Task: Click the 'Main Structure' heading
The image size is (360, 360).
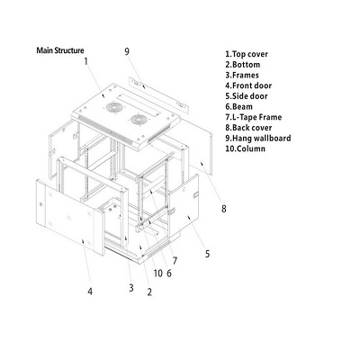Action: (x=60, y=50)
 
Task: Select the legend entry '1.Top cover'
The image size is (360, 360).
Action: (x=247, y=54)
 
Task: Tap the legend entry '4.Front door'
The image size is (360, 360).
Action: (x=248, y=85)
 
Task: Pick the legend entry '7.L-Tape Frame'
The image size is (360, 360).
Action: (x=254, y=117)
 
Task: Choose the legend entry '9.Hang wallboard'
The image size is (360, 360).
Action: (x=258, y=139)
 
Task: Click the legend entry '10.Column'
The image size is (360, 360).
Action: (x=246, y=148)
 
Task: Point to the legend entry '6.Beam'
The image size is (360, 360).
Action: (x=239, y=107)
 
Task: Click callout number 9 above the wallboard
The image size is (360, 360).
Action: (x=127, y=51)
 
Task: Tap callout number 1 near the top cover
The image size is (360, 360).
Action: (x=86, y=61)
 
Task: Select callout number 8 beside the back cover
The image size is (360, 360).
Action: (x=224, y=209)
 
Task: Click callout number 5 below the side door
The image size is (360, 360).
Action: (x=208, y=254)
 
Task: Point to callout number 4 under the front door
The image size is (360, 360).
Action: (x=90, y=292)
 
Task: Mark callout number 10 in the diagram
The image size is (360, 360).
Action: (x=158, y=274)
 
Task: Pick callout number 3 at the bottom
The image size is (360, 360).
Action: (x=131, y=288)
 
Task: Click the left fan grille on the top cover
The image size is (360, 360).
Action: (x=113, y=108)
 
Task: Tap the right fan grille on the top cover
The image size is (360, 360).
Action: (x=138, y=120)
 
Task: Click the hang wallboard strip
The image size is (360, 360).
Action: (x=158, y=94)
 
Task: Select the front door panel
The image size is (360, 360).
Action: (x=70, y=217)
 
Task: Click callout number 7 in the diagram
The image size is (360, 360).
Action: (x=175, y=261)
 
